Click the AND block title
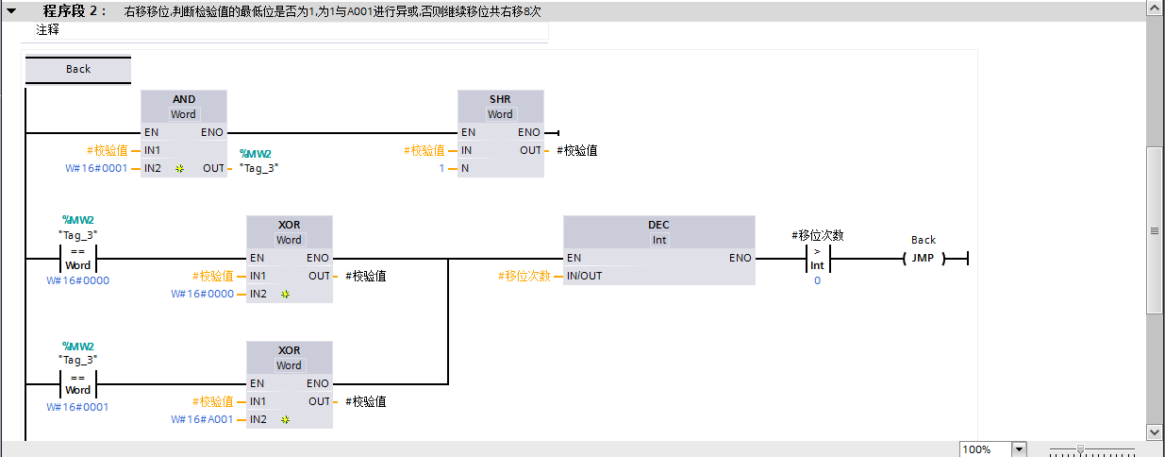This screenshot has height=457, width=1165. click(184, 99)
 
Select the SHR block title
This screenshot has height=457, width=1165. click(500, 99)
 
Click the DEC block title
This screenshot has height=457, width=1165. click(658, 225)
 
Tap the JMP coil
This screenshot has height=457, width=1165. click(924, 258)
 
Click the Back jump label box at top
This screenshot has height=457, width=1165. click(78, 69)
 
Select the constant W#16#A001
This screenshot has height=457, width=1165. click(202, 419)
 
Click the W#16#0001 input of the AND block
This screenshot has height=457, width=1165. click(96, 168)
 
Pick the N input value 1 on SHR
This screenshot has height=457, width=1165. click(441, 168)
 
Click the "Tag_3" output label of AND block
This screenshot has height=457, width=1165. click(258, 168)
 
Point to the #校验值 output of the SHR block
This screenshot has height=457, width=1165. click(576, 150)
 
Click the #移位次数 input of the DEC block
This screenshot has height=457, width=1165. click(524, 276)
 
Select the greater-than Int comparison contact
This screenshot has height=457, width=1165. click(817, 259)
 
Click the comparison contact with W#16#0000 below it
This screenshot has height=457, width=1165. click(78, 259)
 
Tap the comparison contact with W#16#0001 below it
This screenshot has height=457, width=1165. click(78, 384)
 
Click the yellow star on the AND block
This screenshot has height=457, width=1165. click(179, 169)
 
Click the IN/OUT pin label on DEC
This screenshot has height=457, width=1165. click(585, 276)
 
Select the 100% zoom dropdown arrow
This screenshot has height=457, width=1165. click(1019, 449)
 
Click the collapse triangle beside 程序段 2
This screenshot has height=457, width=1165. click(11, 11)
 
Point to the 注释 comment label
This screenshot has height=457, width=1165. click(47, 29)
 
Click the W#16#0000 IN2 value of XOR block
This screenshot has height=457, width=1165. click(202, 294)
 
